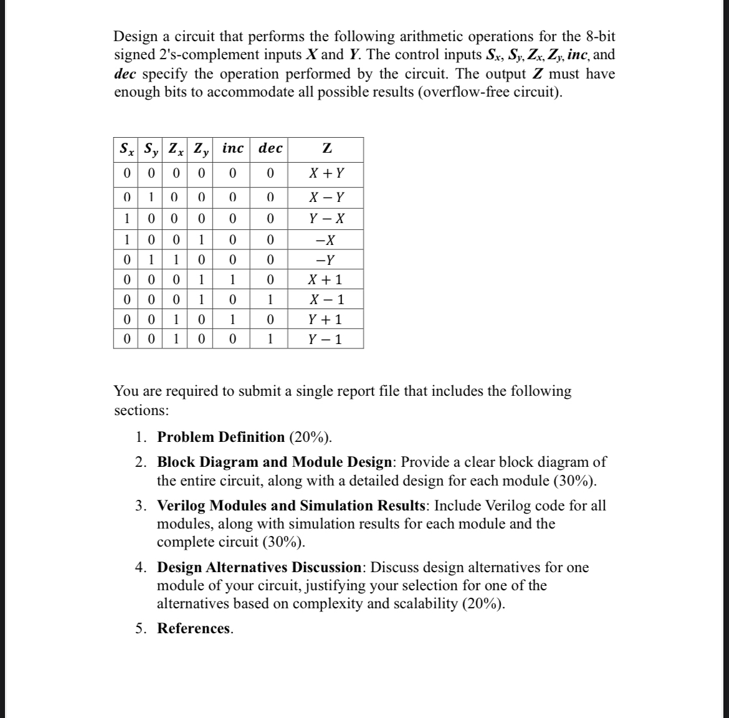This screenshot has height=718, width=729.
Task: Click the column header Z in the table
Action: pos(327,149)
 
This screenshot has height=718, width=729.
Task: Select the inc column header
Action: pos(233,149)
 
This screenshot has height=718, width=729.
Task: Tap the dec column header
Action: pos(270,149)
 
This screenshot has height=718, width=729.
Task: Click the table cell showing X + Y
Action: pos(327,173)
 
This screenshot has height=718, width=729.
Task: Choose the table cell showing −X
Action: pos(327,240)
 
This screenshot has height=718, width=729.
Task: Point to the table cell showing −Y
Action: pos(327,261)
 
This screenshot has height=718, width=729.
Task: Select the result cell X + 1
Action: pos(327,280)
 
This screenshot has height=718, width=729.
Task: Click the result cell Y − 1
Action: pos(327,340)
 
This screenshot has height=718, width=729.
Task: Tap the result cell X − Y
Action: pos(327,199)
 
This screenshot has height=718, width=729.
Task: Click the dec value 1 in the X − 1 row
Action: pos(270,300)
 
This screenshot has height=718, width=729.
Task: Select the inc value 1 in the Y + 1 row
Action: pos(232,320)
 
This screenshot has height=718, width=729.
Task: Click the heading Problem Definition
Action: pos(221,437)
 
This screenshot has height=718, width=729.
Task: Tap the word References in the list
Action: pos(194,628)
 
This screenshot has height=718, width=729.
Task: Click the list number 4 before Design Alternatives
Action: pos(141,568)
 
